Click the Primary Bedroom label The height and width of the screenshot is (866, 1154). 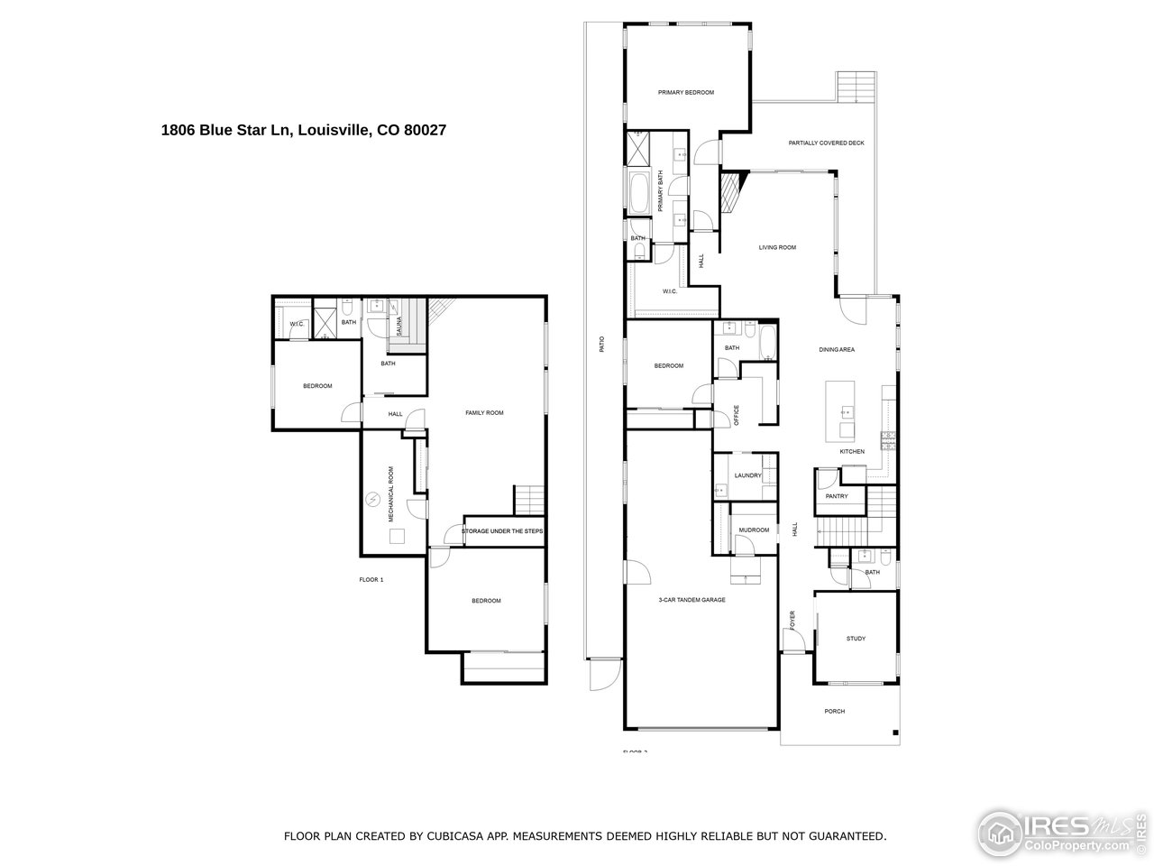pos(685,93)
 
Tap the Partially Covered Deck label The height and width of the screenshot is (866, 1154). pos(826,143)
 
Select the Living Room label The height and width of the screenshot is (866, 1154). pos(776,247)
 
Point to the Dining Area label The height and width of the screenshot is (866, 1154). pos(836,349)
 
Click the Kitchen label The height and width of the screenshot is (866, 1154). pos(852,451)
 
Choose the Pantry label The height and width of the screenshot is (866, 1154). pos(837,496)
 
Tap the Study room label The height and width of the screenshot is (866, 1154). pos(855,639)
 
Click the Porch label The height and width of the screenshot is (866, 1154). pos(834,711)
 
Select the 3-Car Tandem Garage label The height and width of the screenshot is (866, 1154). pos(691,600)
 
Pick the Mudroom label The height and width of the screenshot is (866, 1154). pos(753,530)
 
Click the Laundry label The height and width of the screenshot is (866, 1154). pos(747,475)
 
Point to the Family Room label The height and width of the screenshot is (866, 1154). pos(483,412)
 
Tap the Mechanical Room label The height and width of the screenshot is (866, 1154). pos(391,494)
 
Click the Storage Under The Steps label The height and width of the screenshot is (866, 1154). pos(502,531)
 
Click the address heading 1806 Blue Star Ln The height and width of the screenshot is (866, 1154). pos(304,130)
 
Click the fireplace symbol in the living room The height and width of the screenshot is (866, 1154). pos(728,190)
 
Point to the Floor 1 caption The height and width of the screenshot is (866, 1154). pos(371,579)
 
